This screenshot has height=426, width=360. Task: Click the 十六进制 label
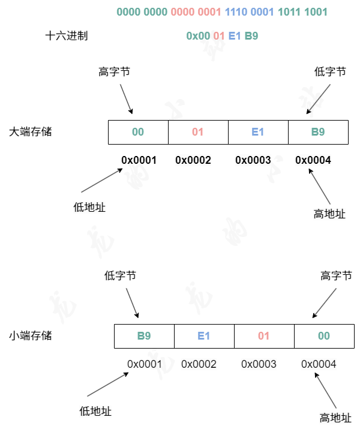click(67, 36)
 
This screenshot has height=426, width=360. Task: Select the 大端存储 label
click(31, 131)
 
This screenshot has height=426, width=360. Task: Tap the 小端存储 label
click(31, 335)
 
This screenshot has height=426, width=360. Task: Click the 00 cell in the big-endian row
click(138, 132)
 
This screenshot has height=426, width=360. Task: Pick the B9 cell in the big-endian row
click(318, 132)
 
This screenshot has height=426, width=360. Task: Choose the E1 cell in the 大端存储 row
click(258, 132)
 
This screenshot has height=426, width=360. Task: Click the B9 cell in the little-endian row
click(144, 336)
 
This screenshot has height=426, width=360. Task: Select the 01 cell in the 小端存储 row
click(264, 336)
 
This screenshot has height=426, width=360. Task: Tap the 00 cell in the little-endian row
click(324, 336)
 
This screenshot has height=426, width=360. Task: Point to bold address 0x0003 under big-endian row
click(253, 160)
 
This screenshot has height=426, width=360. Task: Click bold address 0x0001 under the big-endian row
click(139, 160)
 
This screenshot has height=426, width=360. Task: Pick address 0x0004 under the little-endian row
click(319, 364)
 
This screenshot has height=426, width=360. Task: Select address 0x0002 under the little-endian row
click(199, 364)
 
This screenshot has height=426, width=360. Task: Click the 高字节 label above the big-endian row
click(114, 72)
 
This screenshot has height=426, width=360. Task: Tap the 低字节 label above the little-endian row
click(120, 275)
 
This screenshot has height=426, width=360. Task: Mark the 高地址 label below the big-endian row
click(329, 214)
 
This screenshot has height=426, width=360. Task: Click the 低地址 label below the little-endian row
click(95, 411)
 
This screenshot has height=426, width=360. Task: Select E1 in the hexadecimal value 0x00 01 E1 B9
click(235, 36)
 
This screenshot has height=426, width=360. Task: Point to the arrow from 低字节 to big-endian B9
click(319, 98)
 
